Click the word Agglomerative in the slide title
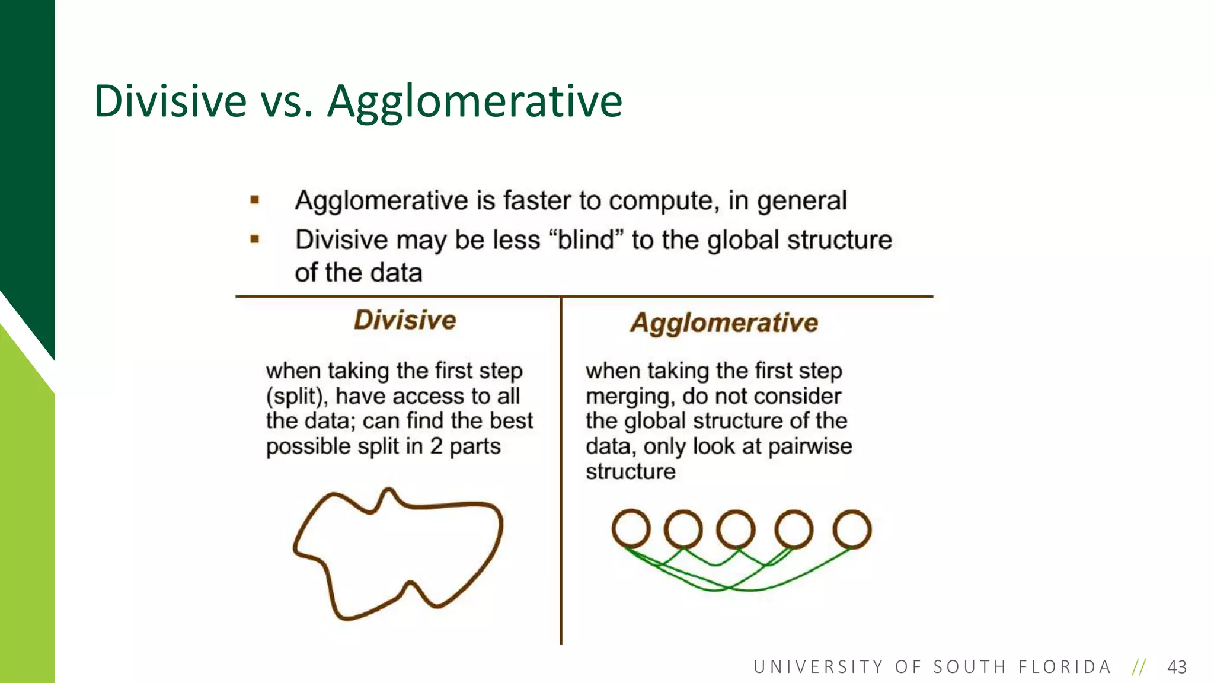click(475, 102)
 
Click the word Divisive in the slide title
click(170, 101)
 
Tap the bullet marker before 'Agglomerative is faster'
click(255, 200)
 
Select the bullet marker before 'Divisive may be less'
click(255, 240)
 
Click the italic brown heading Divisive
click(405, 320)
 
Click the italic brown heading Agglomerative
click(724, 323)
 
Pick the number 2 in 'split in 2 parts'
click(436, 446)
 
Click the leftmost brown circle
click(631, 528)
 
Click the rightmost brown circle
click(852, 529)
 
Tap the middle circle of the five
click(736, 529)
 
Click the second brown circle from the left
click(683, 529)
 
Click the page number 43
click(1177, 667)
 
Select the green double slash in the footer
click(1139, 667)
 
